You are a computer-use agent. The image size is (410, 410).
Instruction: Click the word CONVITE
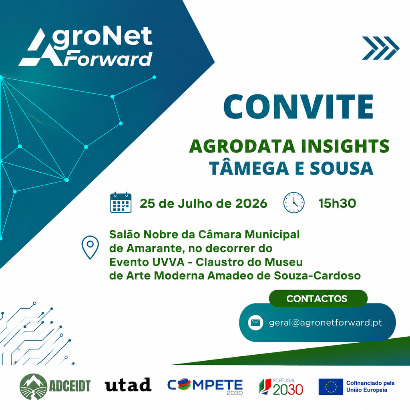(298, 107)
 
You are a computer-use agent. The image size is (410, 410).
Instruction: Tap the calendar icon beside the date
(121, 202)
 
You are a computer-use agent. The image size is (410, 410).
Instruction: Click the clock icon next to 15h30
(294, 202)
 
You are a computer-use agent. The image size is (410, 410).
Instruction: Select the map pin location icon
(90, 247)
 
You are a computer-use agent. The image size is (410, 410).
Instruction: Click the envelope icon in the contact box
(255, 323)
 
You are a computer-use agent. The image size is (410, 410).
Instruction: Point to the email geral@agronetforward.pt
(325, 323)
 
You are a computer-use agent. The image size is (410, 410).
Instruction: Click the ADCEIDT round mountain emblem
(33, 386)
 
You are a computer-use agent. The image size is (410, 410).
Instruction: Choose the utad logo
(128, 385)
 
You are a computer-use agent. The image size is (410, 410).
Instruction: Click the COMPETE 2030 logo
(205, 386)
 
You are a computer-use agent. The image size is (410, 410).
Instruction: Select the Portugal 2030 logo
(281, 386)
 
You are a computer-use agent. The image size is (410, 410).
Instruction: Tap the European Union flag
(331, 386)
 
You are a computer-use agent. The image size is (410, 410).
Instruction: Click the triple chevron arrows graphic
(380, 48)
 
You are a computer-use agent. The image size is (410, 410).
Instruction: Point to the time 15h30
(337, 203)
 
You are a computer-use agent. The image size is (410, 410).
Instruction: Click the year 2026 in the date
(251, 203)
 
